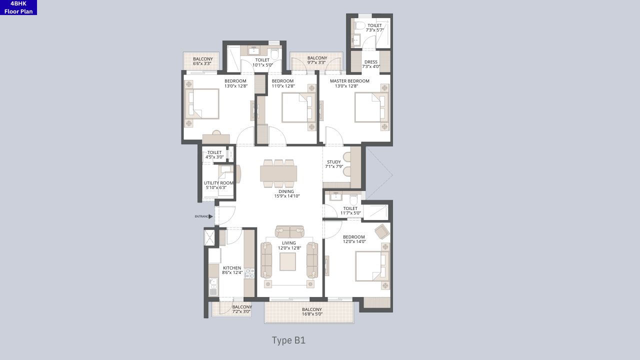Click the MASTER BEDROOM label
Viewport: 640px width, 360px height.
(349, 81)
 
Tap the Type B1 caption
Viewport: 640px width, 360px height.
(288, 340)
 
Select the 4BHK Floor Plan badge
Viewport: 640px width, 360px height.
(18, 7)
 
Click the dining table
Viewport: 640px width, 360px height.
(278, 173)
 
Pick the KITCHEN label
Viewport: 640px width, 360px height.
(232, 268)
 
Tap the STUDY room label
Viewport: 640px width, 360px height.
(334, 162)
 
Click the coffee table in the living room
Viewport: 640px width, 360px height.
(287, 261)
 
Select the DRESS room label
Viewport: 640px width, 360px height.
(371, 62)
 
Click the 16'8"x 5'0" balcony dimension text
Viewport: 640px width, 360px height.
(312, 314)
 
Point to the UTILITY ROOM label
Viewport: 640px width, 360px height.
(218, 183)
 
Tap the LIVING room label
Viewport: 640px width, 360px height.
(289, 243)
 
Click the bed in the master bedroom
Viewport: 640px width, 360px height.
(371, 107)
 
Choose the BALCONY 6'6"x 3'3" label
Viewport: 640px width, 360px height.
(202, 59)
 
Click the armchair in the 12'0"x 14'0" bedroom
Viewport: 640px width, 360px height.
(381, 231)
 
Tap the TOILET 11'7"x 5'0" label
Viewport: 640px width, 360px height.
(350, 208)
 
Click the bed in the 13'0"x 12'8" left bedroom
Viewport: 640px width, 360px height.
(202, 103)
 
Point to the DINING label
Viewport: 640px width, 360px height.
(286, 191)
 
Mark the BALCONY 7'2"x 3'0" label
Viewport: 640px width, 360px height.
(242, 307)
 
